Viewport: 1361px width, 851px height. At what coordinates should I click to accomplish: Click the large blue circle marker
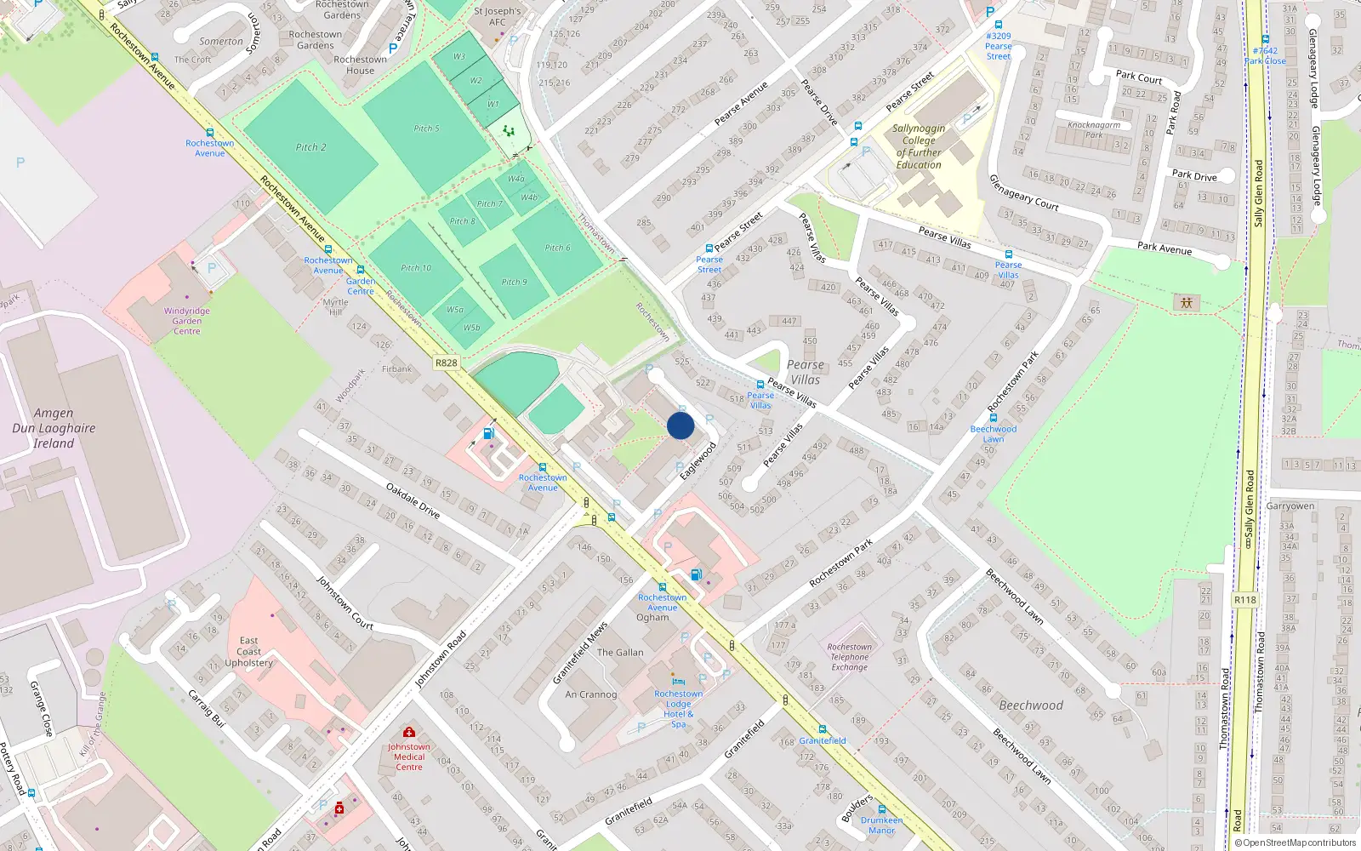tap(680, 425)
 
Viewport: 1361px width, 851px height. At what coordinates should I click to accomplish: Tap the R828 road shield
tap(446, 363)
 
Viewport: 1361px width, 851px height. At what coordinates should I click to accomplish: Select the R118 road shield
tap(1244, 600)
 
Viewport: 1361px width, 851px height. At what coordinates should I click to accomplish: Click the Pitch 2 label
tap(310, 147)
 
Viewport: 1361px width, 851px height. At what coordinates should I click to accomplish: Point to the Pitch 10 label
tap(416, 268)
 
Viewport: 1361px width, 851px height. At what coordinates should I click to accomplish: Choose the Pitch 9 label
tap(514, 282)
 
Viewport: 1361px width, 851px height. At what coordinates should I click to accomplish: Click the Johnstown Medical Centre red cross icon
tap(409, 732)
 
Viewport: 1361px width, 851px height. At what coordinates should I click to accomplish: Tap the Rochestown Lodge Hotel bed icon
tap(678, 682)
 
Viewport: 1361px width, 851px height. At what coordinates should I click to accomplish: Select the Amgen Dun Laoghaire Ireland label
tap(54, 428)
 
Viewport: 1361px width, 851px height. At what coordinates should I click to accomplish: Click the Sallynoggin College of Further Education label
tap(919, 146)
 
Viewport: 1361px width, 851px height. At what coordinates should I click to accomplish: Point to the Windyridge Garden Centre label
tap(187, 321)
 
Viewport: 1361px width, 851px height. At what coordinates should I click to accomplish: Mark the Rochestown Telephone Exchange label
tap(849, 657)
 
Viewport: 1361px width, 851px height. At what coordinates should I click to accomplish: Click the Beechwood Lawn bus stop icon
tap(993, 418)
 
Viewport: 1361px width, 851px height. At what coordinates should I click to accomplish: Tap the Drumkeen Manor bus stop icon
tap(881, 809)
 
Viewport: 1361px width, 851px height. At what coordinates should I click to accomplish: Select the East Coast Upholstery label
tap(249, 651)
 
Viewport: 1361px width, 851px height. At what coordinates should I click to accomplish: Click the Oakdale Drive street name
tap(413, 501)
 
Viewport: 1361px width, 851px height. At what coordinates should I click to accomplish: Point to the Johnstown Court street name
tap(345, 603)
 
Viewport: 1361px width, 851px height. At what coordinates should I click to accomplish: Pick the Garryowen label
tap(1290, 506)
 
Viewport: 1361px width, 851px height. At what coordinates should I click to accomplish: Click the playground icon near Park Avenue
tap(1186, 302)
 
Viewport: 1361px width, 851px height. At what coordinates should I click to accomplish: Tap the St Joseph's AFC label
tap(498, 16)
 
